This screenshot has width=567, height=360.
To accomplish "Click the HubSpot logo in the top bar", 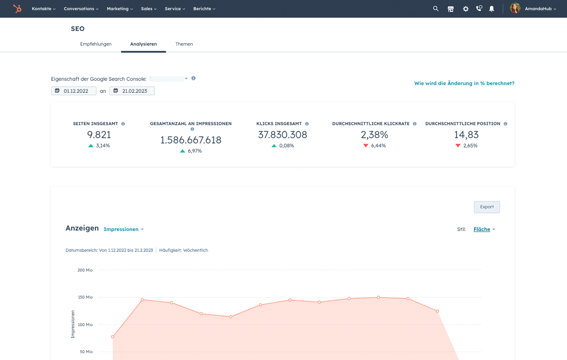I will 17,9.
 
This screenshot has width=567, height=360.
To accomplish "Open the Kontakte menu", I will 43,9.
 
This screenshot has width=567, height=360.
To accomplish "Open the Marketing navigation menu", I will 119,9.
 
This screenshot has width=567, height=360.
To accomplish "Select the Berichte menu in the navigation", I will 203,9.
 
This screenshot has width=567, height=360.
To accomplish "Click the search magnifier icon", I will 436,9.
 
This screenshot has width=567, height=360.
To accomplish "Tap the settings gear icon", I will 465,9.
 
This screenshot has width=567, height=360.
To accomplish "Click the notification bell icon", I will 492,9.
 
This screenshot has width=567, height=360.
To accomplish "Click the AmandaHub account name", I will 540,9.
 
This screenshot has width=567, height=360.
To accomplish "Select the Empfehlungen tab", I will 96,44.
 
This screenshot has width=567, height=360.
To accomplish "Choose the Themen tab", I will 184,44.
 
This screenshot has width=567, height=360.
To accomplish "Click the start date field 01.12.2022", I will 75,91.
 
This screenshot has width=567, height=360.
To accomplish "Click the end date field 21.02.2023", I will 133,91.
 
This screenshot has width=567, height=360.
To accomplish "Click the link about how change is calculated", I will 464,83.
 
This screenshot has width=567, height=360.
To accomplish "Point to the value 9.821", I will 99,135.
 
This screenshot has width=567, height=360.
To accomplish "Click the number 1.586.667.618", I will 191,140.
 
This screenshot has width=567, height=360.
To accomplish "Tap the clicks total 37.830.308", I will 283,135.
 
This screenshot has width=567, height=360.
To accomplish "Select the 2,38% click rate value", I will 374,135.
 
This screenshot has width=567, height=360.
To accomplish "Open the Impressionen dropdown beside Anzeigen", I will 123,229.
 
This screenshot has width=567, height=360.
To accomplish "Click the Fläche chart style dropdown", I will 483,229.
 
